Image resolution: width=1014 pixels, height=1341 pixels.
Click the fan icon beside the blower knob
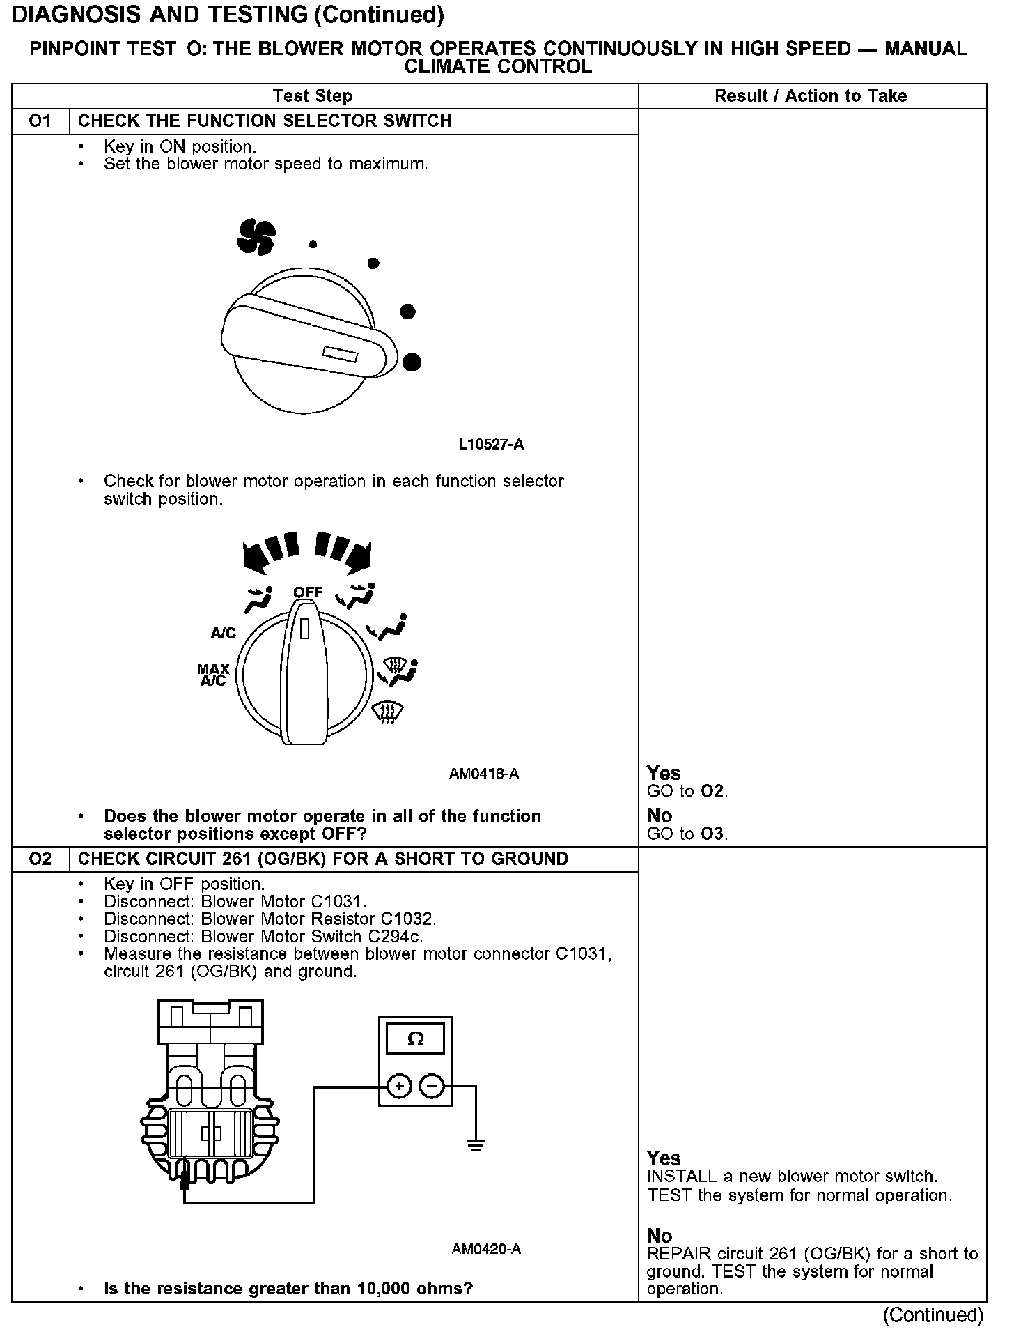coord(256,237)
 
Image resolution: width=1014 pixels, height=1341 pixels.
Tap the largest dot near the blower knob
coord(412,362)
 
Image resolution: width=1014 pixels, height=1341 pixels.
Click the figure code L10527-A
coord(491,444)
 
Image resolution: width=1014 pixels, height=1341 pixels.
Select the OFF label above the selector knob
coord(308,592)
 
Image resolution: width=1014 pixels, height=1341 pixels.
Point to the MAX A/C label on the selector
coord(213,675)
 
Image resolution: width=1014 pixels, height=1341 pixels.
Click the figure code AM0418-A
coord(484,773)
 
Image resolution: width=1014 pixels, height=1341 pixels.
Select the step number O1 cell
coord(40,121)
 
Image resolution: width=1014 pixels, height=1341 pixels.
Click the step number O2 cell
coord(40,858)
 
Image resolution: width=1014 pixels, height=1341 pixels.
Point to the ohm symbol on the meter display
coord(415,1039)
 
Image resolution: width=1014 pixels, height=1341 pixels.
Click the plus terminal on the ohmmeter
coord(399,1086)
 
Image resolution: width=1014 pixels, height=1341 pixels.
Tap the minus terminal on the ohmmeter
coord(432,1086)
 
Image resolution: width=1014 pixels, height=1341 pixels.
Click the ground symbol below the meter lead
coord(476,1144)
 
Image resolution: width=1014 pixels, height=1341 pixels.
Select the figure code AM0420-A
coord(486,1248)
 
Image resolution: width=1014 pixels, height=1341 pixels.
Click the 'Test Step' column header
coord(313,95)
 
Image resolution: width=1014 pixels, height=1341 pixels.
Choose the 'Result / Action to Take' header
coord(811,95)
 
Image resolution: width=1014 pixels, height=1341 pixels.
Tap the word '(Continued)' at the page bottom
coord(933,1315)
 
